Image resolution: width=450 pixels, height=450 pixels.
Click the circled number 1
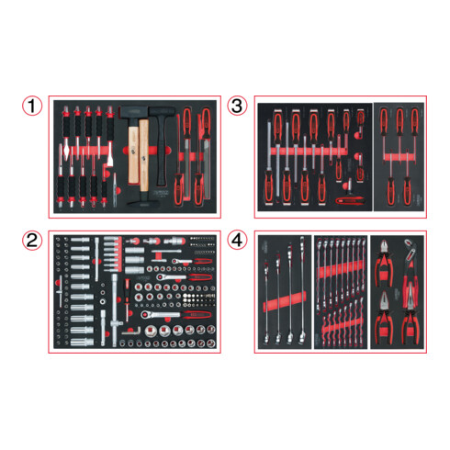point(32,106)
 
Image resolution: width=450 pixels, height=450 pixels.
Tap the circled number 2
point(32,241)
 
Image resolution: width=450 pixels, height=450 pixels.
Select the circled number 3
point(237,106)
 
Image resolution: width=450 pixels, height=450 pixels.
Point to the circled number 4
point(237,241)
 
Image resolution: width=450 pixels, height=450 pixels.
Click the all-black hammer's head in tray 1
point(162,111)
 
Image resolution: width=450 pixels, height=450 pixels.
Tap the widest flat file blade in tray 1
point(208,169)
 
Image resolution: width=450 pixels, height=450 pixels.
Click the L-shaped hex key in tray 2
point(131,331)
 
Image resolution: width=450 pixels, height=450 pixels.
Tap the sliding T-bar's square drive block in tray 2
point(115,323)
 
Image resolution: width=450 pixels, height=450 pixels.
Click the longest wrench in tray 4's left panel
point(302,290)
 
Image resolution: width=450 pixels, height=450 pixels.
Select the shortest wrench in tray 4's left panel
point(266,303)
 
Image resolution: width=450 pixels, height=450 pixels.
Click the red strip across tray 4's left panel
point(285,302)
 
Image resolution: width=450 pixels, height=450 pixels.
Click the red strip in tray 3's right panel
point(399,157)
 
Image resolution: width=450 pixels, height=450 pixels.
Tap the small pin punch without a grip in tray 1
point(115,190)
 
